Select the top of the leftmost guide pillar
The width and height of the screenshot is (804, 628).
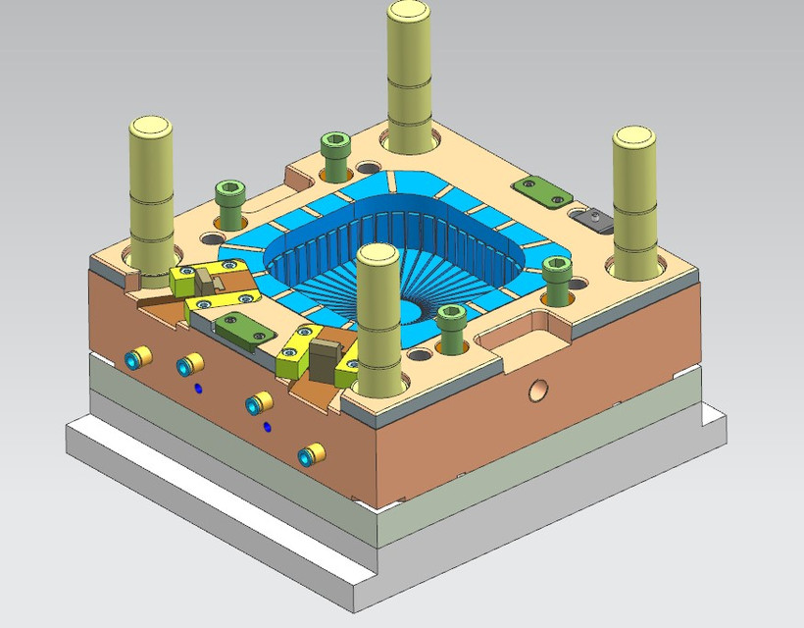152,128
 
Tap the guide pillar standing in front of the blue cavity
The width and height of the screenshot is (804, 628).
377,324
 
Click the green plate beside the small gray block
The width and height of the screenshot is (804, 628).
542,190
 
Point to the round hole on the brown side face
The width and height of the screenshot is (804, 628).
538,391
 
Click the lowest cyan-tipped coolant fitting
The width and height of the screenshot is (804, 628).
312,454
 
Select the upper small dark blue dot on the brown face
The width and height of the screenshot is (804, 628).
199,389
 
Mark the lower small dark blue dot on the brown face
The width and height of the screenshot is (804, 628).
266,427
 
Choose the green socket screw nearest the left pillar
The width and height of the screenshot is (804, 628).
229,194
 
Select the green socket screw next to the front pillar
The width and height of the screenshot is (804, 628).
451,322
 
